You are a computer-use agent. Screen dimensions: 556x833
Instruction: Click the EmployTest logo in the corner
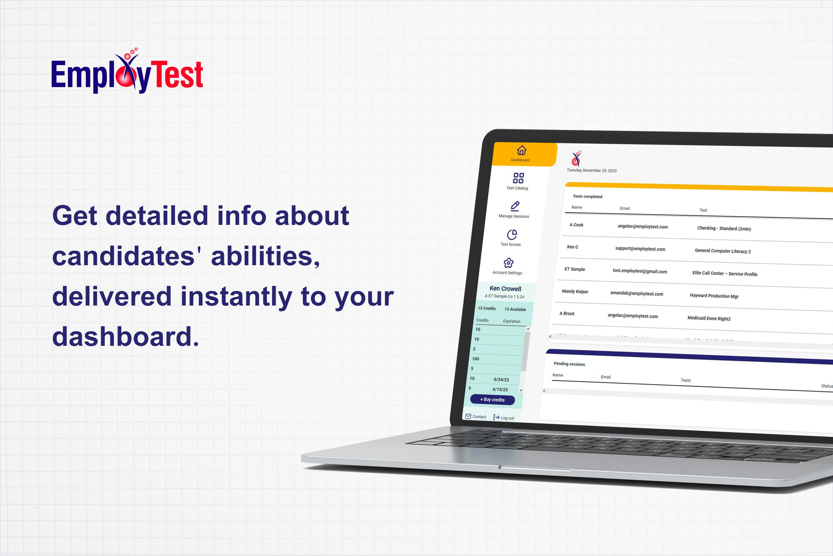[127, 73]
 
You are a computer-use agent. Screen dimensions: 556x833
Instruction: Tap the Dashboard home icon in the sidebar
[521, 150]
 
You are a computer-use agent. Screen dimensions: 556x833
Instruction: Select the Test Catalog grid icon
[518, 178]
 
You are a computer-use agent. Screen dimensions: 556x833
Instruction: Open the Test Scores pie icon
[512, 234]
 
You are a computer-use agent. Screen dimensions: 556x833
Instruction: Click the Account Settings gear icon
[509, 263]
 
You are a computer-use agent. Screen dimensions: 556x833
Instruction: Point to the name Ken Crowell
[505, 289]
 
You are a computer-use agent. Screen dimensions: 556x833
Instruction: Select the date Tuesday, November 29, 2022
[591, 170]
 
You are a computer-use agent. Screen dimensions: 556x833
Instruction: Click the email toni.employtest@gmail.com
[640, 271]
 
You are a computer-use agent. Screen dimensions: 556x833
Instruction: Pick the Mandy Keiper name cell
[575, 291]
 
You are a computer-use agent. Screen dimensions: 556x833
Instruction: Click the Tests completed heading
[587, 197]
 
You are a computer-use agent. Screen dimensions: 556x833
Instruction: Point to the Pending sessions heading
[569, 364]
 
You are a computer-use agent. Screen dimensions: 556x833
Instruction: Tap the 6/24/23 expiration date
[501, 380]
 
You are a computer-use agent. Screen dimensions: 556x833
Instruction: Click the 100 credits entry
[476, 359]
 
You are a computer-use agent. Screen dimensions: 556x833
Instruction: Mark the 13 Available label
[515, 309]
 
